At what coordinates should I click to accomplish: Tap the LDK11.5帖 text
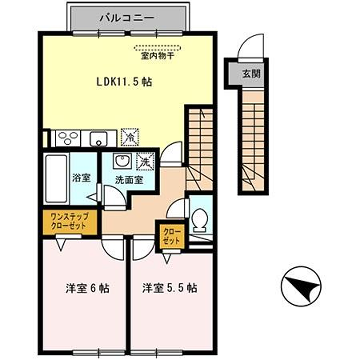click(x=125, y=82)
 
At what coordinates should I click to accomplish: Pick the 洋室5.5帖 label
click(x=168, y=290)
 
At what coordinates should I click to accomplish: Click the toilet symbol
click(x=200, y=220)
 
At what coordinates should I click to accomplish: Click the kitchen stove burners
click(x=62, y=138)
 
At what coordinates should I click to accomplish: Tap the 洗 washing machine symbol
click(x=144, y=161)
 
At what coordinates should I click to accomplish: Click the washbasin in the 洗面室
click(x=121, y=162)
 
